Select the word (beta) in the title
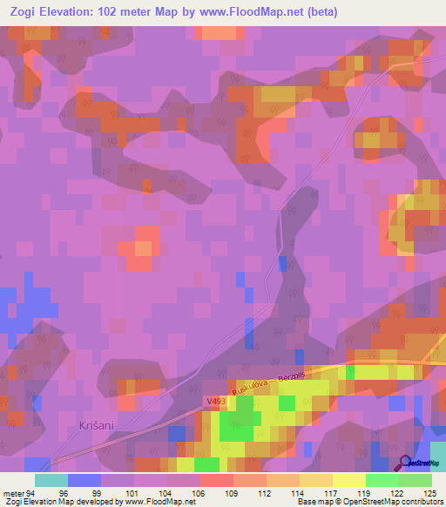point(318,12)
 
